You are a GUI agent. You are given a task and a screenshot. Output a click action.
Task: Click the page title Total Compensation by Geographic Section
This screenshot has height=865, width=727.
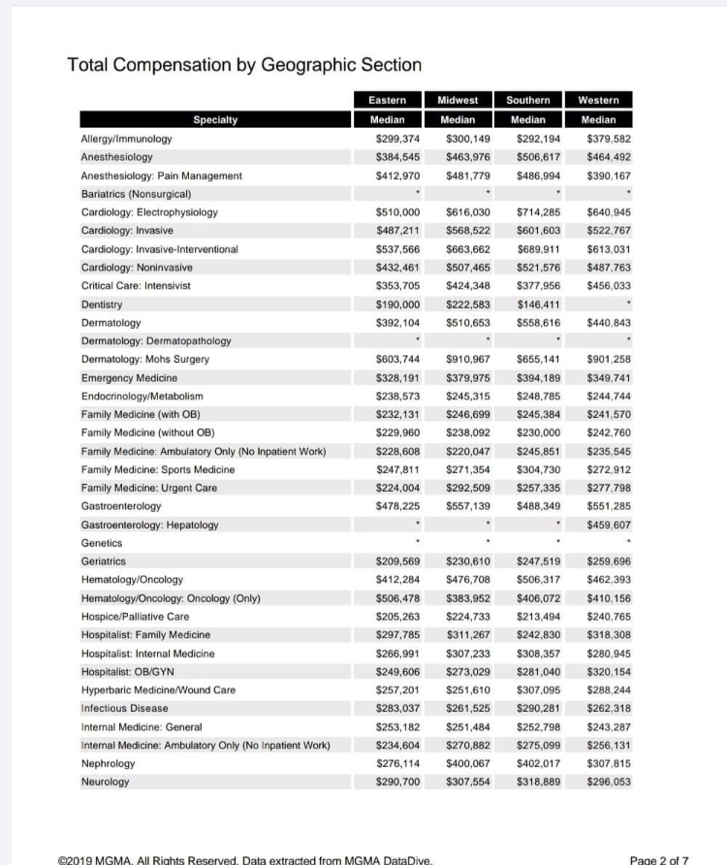[244, 65]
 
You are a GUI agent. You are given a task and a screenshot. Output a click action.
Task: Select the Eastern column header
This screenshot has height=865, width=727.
[395, 100]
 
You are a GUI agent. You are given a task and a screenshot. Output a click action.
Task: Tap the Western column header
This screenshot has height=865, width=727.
[604, 100]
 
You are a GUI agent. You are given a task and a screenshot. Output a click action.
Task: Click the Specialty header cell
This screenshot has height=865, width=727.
[215, 120]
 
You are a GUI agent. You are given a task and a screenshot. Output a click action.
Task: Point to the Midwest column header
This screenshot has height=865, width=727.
[464, 100]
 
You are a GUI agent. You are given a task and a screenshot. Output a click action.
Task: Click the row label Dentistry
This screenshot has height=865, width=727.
[102, 304]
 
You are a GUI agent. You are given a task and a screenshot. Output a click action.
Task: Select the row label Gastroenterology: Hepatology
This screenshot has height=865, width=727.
[149, 525]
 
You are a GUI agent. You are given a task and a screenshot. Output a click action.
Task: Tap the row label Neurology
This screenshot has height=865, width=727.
[104, 782]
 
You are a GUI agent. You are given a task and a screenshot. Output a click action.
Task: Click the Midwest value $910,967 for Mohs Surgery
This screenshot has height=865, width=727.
[468, 360]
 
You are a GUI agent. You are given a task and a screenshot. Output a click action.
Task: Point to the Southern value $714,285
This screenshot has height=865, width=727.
[539, 212]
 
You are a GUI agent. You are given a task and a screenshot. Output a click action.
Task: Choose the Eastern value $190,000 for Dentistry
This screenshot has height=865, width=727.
[397, 304]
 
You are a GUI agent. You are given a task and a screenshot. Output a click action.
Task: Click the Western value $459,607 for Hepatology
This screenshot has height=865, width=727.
[609, 525]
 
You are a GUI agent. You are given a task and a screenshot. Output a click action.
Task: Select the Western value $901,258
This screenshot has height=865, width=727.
[609, 360]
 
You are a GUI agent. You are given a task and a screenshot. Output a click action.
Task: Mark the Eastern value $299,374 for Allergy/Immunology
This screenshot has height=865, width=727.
[397, 139]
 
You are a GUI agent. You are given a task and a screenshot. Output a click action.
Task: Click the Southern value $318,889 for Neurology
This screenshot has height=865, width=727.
[539, 782]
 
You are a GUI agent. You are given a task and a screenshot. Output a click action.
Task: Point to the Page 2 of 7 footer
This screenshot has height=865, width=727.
[659, 858]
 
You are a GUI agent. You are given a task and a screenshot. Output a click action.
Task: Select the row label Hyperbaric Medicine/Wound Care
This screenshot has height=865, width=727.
[158, 689]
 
